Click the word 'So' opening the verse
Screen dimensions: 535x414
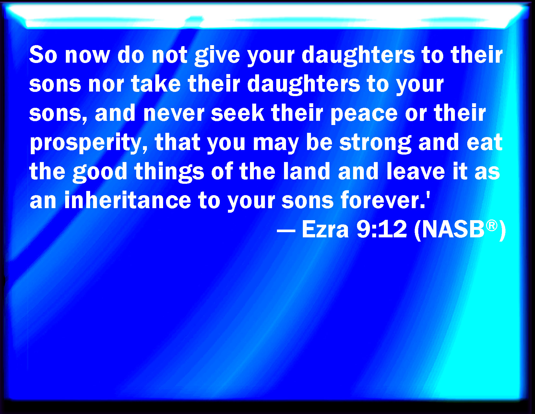click(43, 55)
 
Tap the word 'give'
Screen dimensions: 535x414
click(217, 56)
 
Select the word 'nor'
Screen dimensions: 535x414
click(106, 85)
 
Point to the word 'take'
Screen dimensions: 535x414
click(156, 83)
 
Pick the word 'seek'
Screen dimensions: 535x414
click(238, 112)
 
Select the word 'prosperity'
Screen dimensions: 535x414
click(89, 143)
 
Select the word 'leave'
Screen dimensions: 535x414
click(416, 170)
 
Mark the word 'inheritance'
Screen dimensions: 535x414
click(127, 200)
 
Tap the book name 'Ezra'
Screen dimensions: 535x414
click(325, 229)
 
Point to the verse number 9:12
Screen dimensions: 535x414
click(382, 229)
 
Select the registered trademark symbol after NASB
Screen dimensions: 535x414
click(492, 226)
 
